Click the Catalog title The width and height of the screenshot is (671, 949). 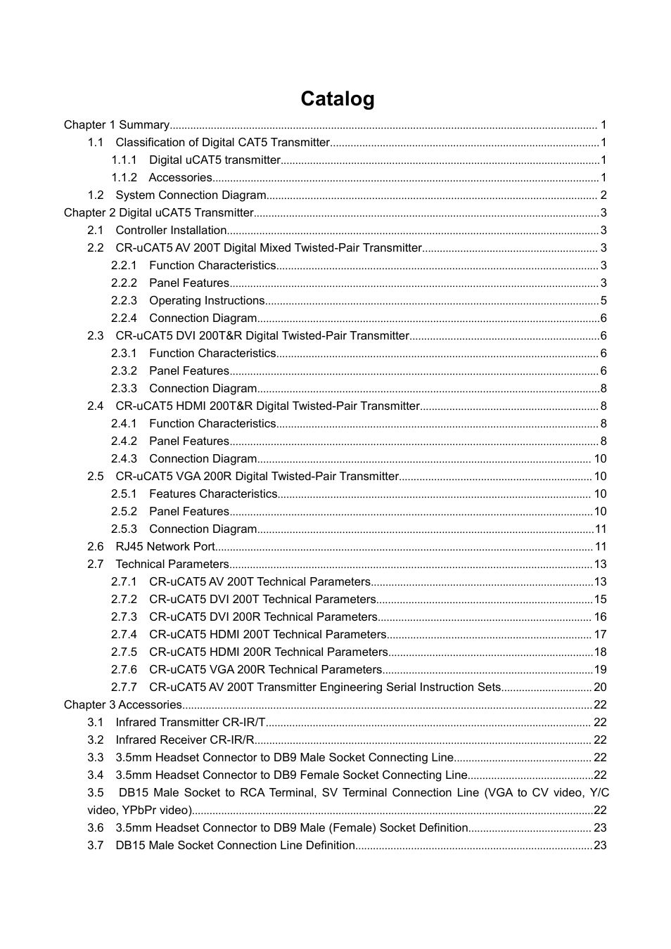pyautogui.click(x=337, y=99)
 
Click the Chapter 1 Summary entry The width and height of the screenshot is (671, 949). pyautogui.click(x=117, y=125)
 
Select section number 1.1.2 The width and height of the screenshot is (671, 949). pyautogui.click(x=124, y=178)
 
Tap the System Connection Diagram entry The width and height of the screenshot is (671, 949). pyautogui.click(x=191, y=195)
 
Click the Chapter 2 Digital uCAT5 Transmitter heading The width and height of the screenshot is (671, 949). pyautogui.click(x=158, y=213)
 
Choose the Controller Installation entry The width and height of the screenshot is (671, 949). pyautogui.click(x=171, y=231)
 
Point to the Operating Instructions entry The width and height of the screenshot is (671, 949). pyautogui.click(x=207, y=301)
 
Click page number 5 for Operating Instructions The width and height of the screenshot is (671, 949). pyautogui.click(x=603, y=301)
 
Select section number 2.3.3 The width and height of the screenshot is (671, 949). pyautogui.click(x=124, y=389)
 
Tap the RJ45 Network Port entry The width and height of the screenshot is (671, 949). pyautogui.click(x=165, y=547)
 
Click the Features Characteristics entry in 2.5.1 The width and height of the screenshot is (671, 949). pyautogui.click(x=213, y=494)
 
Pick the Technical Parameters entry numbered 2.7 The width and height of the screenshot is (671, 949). pyautogui.click(x=172, y=564)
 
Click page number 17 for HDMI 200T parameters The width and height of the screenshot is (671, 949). pyautogui.click(x=600, y=635)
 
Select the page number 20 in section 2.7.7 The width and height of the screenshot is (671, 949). pyautogui.click(x=600, y=687)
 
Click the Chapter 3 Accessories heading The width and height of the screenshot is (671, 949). pyautogui.click(x=123, y=705)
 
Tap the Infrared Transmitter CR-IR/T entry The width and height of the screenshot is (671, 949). pyautogui.click(x=191, y=723)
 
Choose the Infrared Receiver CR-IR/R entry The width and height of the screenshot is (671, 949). pyautogui.click(x=185, y=740)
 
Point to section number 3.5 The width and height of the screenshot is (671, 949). pyautogui.click(x=96, y=793)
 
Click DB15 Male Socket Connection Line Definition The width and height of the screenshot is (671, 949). pyautogui.click(x=235, y=846)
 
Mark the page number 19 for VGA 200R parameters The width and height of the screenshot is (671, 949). pyautogui.click(x=600, y=670)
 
